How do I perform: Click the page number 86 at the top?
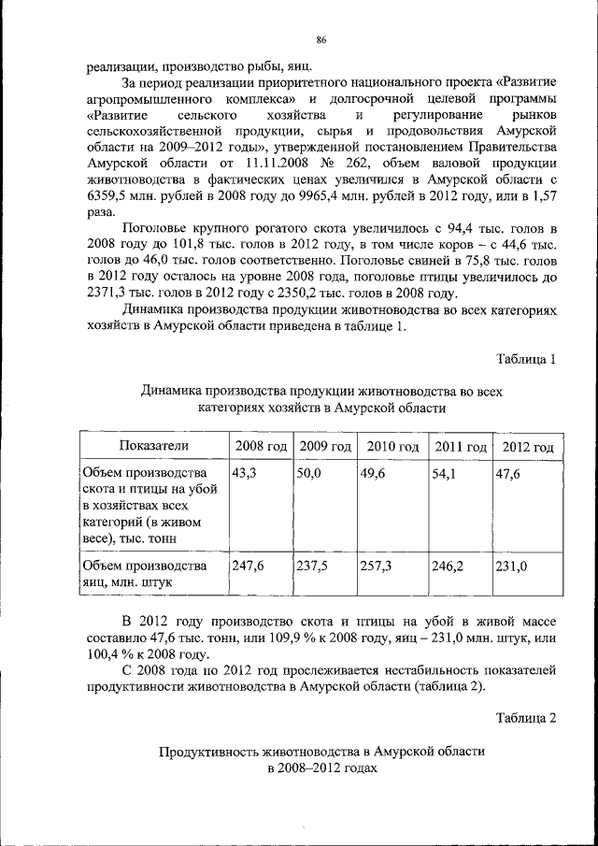[320, 38]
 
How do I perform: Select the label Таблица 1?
[527, 359]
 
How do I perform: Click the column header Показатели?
[153, 446]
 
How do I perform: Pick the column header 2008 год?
[260, 446]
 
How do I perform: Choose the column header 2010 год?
[392, 446]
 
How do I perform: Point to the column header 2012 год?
[528, 446]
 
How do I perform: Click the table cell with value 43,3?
[244, 474]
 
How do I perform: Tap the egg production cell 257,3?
[376, 566]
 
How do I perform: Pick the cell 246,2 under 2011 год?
[446, 566]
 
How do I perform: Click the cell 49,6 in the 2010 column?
[374, 474]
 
